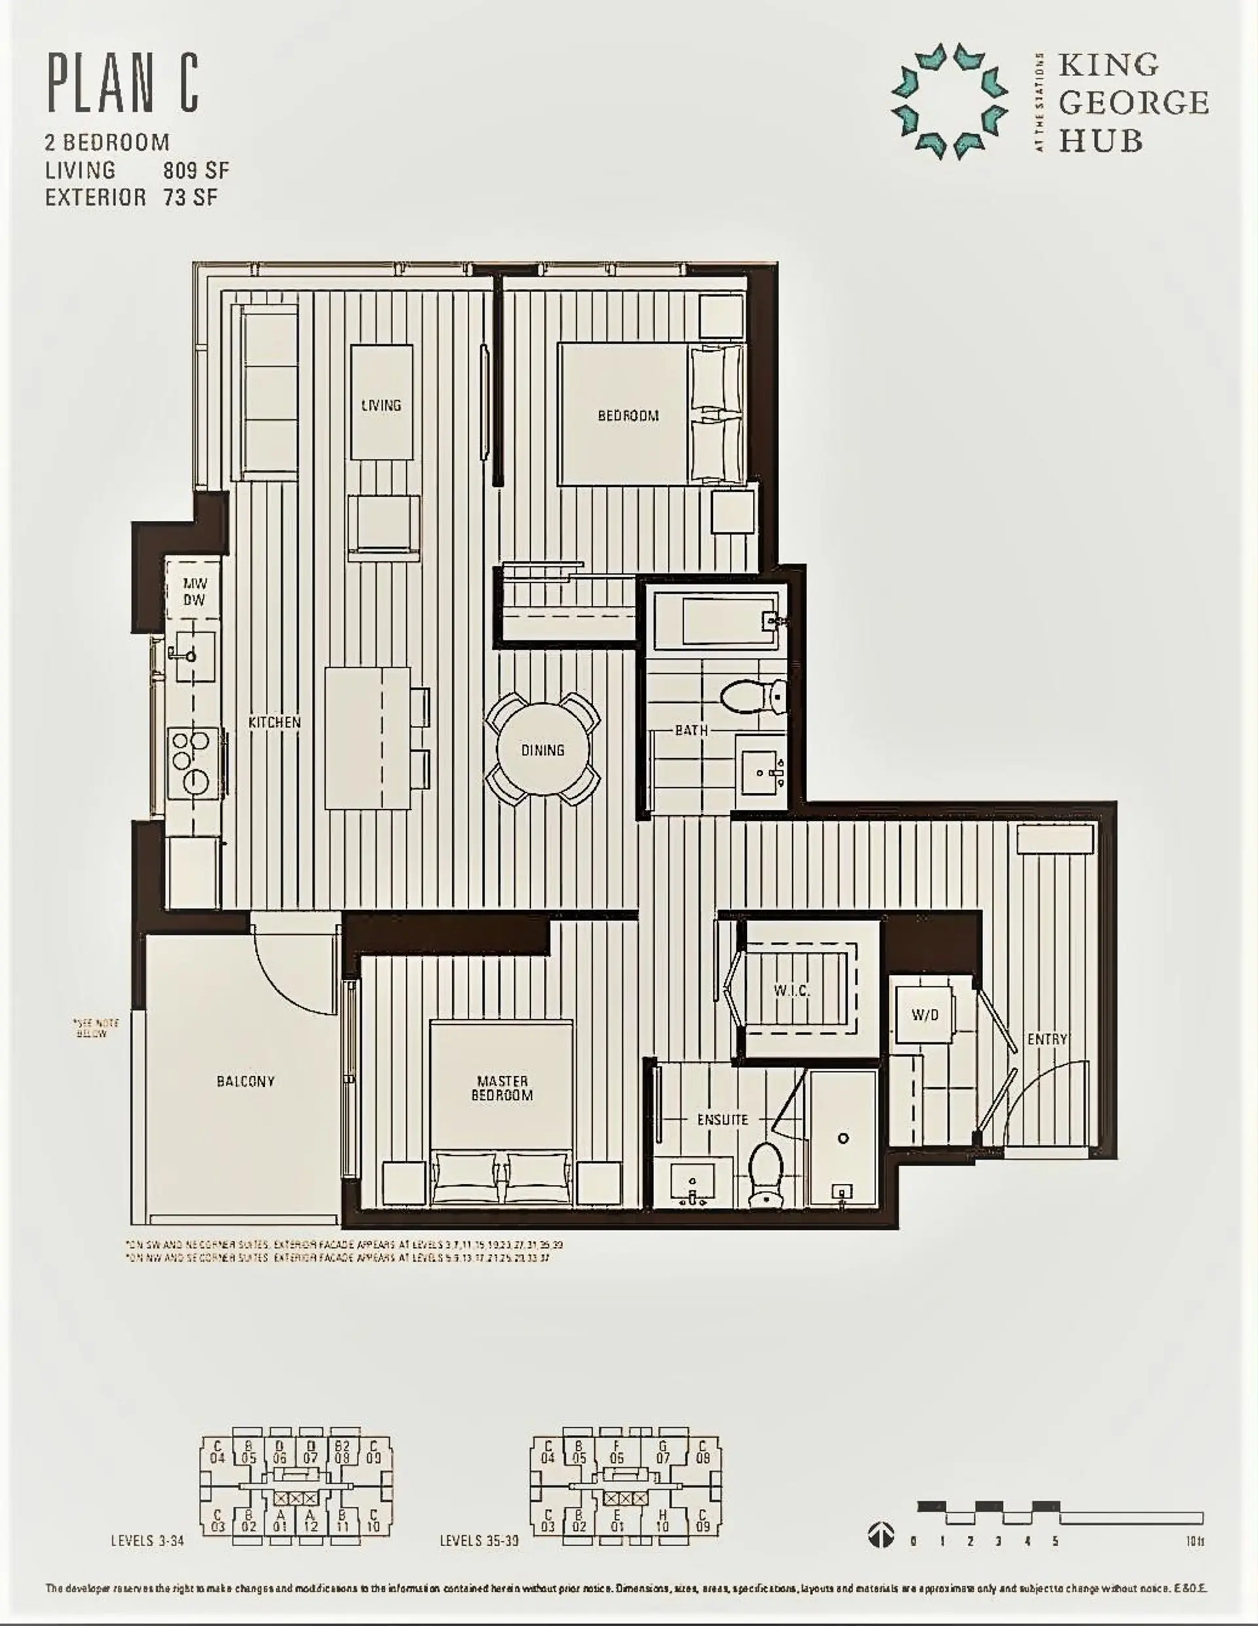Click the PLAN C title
124,83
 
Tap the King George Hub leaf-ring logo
949,102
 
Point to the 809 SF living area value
196,170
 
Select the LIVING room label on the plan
381,406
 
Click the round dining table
543,749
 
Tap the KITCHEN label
274,722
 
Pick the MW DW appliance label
195,592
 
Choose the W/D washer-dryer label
924,1015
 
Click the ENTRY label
1047,1038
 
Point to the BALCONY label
246,1081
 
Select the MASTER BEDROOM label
502,1087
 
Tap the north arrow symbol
881,1534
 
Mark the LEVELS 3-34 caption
147,1540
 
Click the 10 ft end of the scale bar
1194,1541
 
